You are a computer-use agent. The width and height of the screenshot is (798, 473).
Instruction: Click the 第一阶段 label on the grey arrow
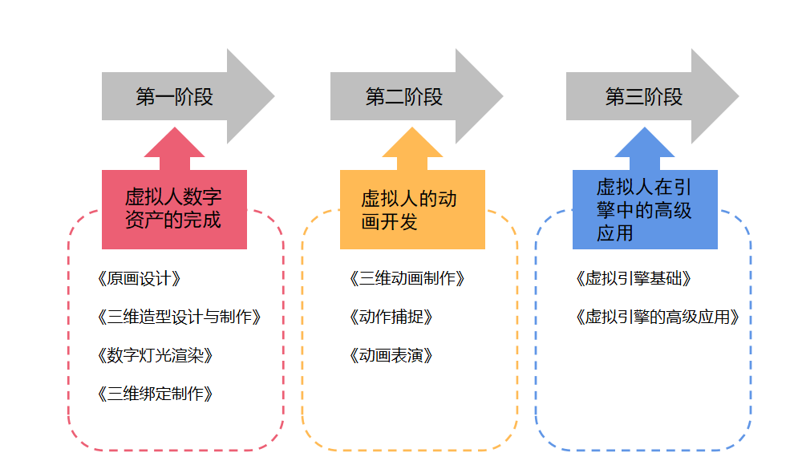click(174, 97)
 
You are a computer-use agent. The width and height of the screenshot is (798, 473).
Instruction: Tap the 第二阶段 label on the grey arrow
click(404, 97)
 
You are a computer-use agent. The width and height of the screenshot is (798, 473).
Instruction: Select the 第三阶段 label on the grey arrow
click(643, 97)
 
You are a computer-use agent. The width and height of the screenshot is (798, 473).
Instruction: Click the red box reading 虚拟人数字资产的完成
click(174, 208)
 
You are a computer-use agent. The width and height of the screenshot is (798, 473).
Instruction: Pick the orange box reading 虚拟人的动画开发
click(412, 209)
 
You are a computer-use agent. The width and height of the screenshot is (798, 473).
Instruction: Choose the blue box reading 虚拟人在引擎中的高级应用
click(645, 209)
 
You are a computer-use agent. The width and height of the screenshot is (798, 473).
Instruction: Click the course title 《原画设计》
click(139, 279)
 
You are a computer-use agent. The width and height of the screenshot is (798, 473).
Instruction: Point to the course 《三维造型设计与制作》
click(178, 317)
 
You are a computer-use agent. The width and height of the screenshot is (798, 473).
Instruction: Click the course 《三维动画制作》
click(407, 279)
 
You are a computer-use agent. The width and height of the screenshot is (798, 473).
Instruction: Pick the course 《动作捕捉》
click(391, 317)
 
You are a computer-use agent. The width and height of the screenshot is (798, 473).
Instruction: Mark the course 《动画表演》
click(391, 355)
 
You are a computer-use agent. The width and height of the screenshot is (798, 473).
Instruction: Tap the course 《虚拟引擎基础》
click(633, 279)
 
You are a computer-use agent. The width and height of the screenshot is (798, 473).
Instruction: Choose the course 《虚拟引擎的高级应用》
click(657, 317)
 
